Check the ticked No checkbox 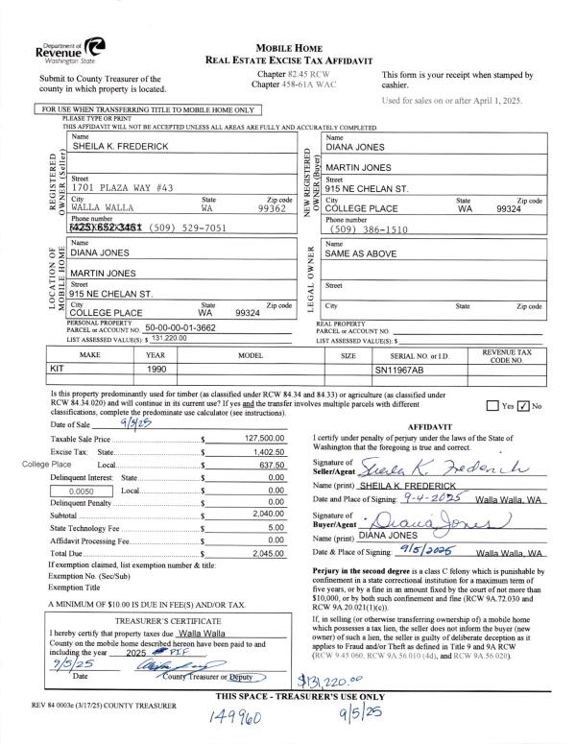pyautogui.click(x=523, y=405)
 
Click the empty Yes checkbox pyautogui.click(x=492, y=405)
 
